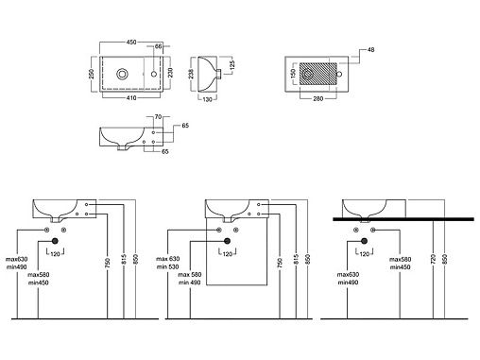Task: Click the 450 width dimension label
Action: tap(131, 43)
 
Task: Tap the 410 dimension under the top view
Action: tap(131, 98)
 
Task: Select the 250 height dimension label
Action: tap(92, 74)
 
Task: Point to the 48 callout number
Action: tap(370, 50)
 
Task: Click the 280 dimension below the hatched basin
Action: tap(318, 99)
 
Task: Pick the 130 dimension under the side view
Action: tap(207, 99)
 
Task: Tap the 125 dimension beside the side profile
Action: tap(232, 64)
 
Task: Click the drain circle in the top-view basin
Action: tap(122, 75)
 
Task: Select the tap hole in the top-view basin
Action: tap(154, 75)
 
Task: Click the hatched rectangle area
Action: tap(317, 74)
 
